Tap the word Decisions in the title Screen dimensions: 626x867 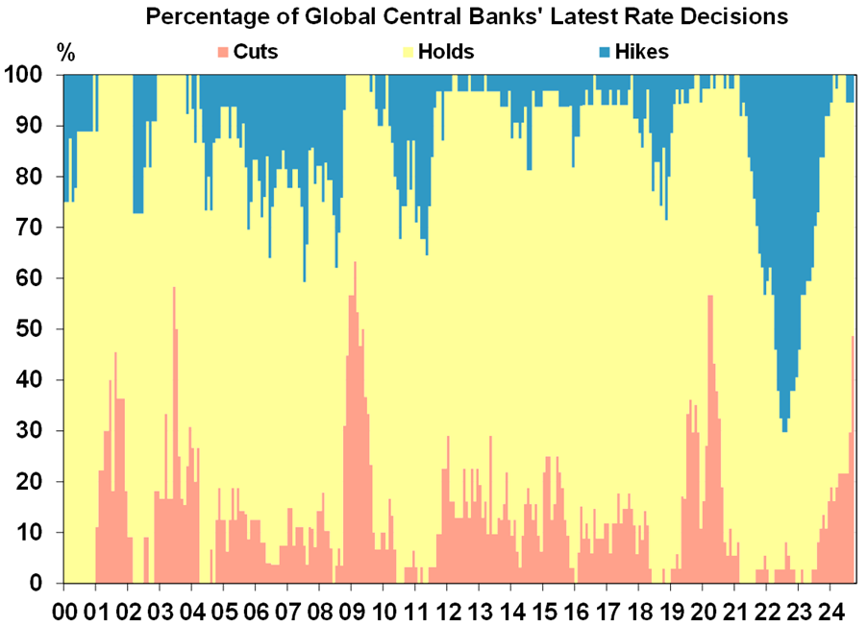(739, 17)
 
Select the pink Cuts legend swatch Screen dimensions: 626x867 (223, 52)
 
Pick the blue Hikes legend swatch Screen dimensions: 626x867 (611, 52)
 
